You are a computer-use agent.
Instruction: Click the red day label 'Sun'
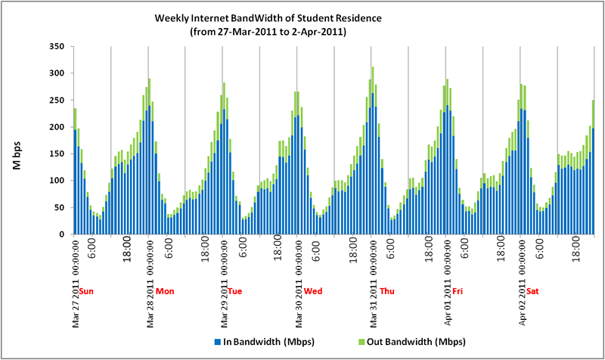point(87,291)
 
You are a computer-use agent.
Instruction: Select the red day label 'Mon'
point(164,291)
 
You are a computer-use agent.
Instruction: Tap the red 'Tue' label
point(235,291)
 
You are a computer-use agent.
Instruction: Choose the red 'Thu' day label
point(386,291)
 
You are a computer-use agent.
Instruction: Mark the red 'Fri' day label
point(457,291)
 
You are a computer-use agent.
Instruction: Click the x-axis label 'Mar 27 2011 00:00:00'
point(76,282)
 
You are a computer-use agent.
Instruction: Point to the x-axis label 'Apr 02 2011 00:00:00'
point(522,282)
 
